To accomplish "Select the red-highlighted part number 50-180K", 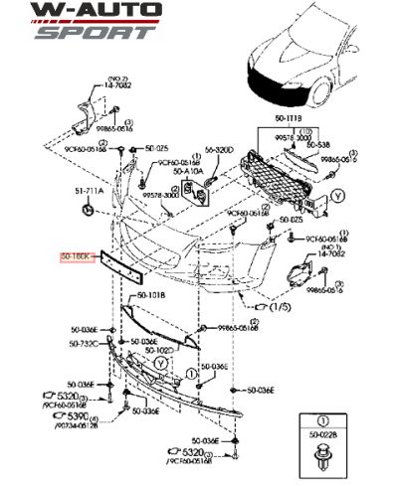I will click(76, 255).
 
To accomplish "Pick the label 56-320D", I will click(218, 150).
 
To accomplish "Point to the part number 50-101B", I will click(151, 296).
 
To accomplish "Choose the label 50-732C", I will click(84, 343).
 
